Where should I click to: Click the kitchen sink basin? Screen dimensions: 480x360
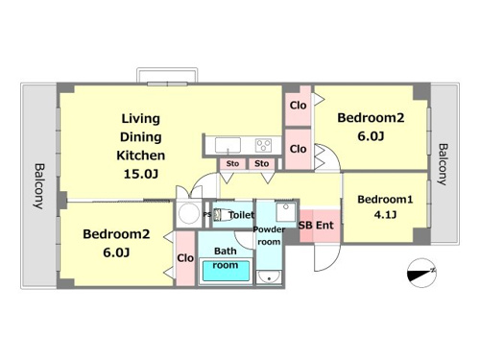click(228, 145)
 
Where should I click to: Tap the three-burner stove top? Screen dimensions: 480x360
click(263, 145)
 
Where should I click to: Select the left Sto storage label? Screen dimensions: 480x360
click(232, 164)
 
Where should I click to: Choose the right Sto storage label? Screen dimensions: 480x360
click(261, 164)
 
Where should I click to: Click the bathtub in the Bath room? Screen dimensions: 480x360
click(226, 272)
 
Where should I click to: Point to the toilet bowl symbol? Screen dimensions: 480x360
click(224, 215)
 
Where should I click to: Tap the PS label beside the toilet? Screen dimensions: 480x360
click(207, 215)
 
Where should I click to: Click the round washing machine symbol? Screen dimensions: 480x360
click(189, 213)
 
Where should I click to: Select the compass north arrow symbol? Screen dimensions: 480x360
click(421, 273)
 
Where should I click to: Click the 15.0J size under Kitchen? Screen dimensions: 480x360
click(141, 174)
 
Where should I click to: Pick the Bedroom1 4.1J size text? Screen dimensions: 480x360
click(385, 214)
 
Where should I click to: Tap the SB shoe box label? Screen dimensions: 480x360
click(305, 226)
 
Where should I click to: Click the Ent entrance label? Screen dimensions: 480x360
click(324, 226)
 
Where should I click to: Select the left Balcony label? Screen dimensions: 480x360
click(39, 186)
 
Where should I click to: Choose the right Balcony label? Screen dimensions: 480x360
click(443, 164)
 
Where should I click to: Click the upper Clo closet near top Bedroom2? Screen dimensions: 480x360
click(298, 106)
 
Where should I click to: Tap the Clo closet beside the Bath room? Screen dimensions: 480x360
click(185, 258)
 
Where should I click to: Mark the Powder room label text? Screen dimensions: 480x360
click(269, 235)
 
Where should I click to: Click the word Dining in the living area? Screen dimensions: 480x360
click(141, 137)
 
